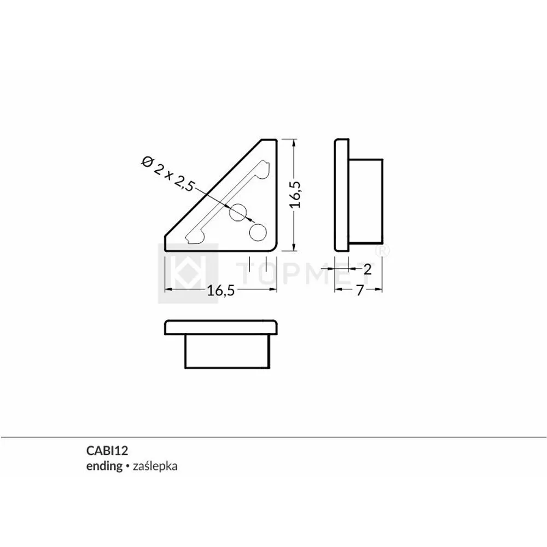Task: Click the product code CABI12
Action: (x=107, y=451)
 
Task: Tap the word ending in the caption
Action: (x=104, y=467)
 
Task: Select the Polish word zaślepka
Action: (x=155, y=467)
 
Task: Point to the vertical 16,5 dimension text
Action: (x=295, y=195)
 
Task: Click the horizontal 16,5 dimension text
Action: (x=221, y=290)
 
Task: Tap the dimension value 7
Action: (x=360, y=290)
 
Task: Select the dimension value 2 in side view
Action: (x=368, y=269)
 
